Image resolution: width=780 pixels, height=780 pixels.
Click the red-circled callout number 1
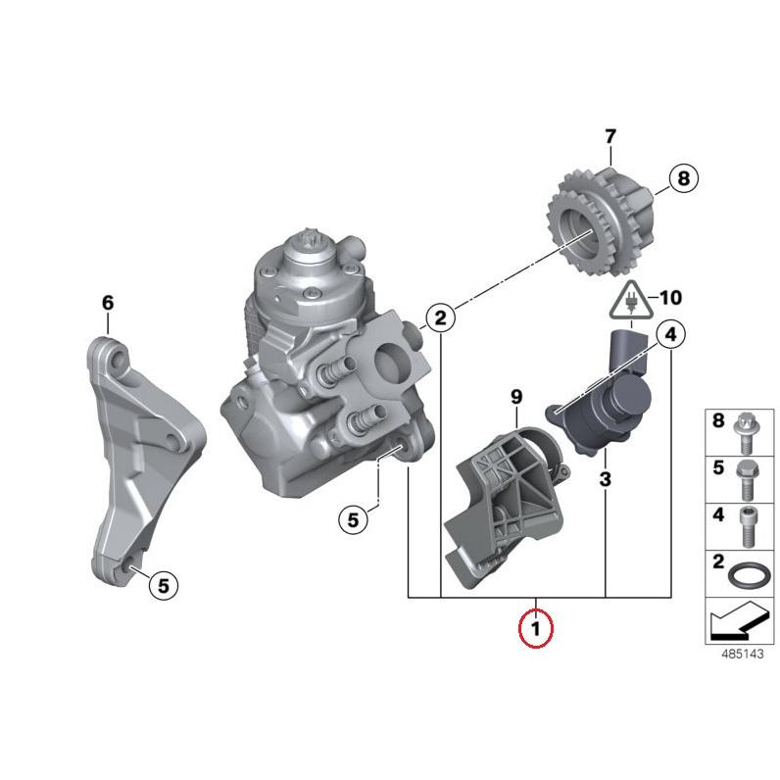coord(536,629)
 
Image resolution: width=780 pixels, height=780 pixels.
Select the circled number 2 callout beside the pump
coord(441,317)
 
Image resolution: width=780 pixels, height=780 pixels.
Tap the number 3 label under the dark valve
coord(605,479)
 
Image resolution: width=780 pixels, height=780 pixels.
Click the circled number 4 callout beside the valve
coord(671,335)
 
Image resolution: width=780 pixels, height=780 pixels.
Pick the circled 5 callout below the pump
coord(353,519)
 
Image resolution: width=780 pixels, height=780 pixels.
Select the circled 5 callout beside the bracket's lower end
coord(164,586)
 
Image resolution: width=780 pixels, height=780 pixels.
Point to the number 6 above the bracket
coord(108,303)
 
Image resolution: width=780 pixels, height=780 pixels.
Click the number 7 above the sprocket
coord(610,136)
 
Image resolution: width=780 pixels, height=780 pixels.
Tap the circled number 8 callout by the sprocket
coord(684,178)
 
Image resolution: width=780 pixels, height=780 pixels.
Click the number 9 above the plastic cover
coord(516,397)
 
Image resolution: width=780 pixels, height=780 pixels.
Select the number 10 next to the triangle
coord(670,298)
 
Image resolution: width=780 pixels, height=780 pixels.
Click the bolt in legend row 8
coord(744,433)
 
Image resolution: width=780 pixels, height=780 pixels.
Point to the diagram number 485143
coord(742,654)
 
